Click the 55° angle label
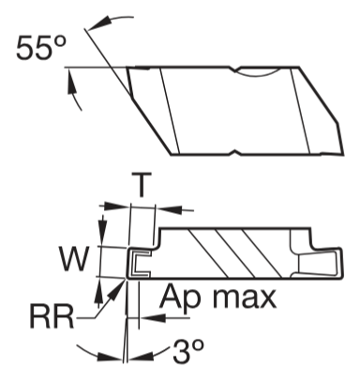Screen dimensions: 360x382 pos(41,47)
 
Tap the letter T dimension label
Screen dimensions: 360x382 pos(142,184)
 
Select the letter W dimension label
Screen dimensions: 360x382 pos(74,259)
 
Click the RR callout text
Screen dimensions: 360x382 pos(52,316)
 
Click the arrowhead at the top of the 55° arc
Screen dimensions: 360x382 pos(99,24)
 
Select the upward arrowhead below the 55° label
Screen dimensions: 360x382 pos(72,82)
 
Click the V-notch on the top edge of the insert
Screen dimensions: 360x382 pos(235,69)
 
